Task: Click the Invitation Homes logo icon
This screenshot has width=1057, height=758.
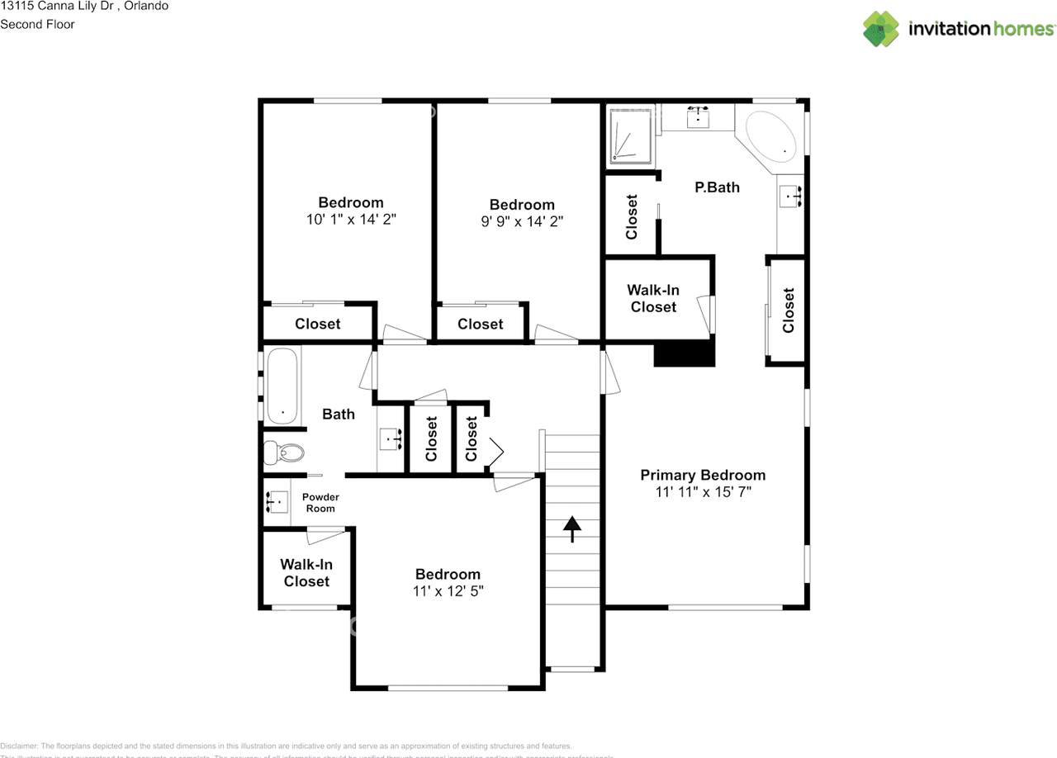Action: coord(881,29)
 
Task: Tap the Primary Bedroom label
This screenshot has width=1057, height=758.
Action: coord(703,475)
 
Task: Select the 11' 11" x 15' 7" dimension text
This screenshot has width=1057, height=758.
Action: coord(703,492)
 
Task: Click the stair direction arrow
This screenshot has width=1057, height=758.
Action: coord(571,528)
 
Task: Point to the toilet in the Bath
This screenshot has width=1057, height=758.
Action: coord(282,452)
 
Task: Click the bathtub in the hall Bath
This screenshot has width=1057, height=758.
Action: coord(282,386)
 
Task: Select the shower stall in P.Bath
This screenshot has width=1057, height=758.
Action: coord(631,135)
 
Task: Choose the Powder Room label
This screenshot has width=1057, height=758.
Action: coord(320,503)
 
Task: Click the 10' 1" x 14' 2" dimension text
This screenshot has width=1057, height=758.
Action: coord(351,220)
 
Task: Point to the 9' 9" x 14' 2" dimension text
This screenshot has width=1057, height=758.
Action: coord(522,221)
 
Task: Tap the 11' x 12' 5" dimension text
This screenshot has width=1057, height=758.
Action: coord(448,591)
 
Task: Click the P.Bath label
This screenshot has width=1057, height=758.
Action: coord(717,187)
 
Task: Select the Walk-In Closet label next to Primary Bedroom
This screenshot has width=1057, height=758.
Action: coord(653,299)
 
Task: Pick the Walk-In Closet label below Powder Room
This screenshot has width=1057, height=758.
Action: coord(306,573)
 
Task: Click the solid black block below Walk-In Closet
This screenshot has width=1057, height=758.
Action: coord(684,354)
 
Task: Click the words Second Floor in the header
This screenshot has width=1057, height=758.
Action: coord(37,24)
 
